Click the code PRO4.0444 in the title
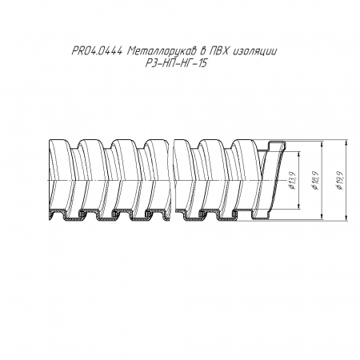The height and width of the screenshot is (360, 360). tap(97, 51)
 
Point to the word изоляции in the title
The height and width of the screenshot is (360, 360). tap(255, 51)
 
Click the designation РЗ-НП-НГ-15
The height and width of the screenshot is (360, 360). tap(176, 64)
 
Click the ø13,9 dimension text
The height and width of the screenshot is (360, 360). tap(293, 180)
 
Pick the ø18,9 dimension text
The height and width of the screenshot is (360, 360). tap(315, 180)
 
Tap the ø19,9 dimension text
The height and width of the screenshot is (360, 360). tap(339, 180)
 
